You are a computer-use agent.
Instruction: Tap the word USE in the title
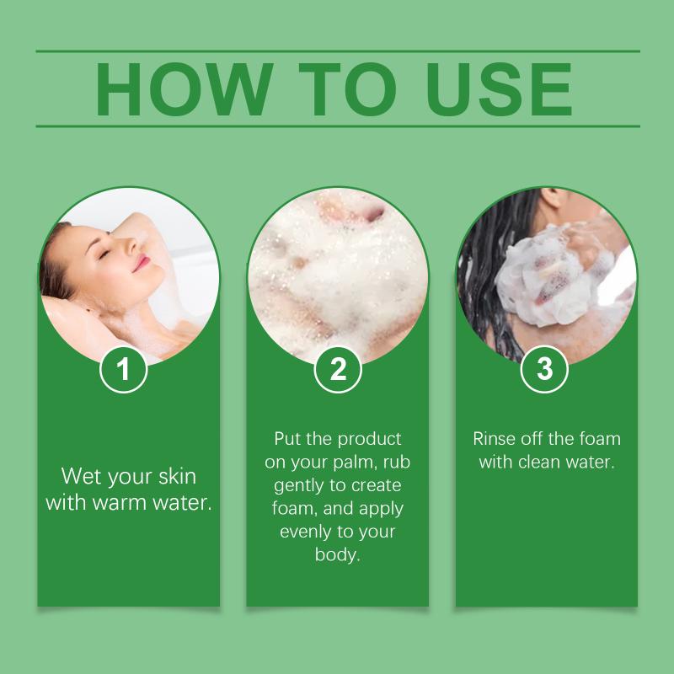click(x=499, y=89)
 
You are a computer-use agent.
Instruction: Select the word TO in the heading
click(x=347, y=89)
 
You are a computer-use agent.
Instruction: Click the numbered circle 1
click(x=123, y=369)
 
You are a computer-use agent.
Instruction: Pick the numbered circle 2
click(x=338, y=369)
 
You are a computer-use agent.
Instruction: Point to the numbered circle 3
click(x=544, y=369)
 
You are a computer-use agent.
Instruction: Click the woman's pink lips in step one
click(x=141, y=263)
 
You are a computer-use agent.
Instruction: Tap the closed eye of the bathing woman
click(x=104, y=254)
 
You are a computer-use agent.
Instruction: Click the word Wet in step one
click(x=82, y=476)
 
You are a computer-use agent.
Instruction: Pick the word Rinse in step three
click(x=495, y=439)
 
